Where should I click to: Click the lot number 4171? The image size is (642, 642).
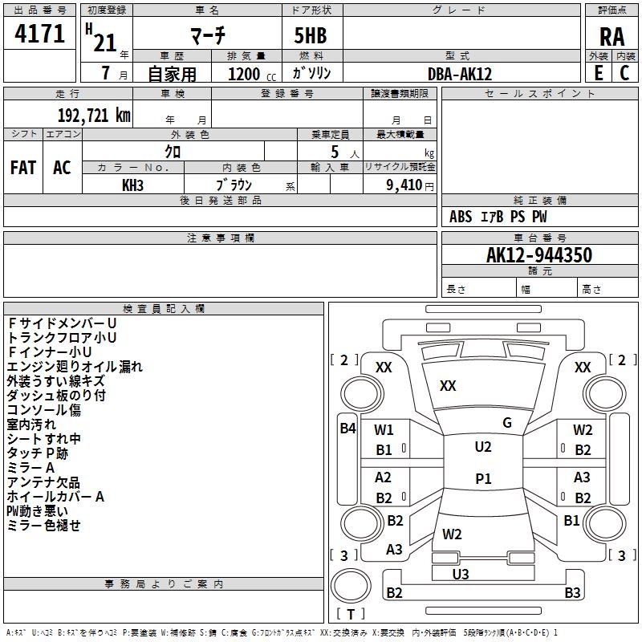[39, 33]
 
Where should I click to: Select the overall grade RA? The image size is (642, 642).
[612, 37]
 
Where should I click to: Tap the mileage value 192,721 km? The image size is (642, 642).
[94, 116]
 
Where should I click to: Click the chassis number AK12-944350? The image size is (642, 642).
[539, 254]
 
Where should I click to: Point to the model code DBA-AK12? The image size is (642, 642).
[459, 74]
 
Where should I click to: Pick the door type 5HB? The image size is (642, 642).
[311, 35]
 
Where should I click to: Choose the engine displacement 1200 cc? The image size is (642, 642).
[252, 74]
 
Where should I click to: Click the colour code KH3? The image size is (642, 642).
[132, 185]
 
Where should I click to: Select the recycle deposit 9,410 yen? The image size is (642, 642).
[410, 185]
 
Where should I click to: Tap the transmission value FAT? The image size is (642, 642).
[23, 168]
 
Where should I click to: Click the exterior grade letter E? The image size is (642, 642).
[598, 73]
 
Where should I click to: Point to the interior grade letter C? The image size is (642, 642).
[624, 73]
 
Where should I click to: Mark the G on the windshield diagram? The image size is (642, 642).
[507, 423]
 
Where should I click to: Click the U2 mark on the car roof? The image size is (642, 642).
[483, 447]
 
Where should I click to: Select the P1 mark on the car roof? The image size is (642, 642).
[483, 478]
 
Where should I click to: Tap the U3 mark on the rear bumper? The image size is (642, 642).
[461, 574]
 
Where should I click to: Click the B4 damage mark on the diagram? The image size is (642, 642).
[348, 429]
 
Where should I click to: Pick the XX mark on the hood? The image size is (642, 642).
[448, 386]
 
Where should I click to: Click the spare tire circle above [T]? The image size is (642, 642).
[351, 586]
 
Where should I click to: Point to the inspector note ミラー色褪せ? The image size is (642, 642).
[43, 526]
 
